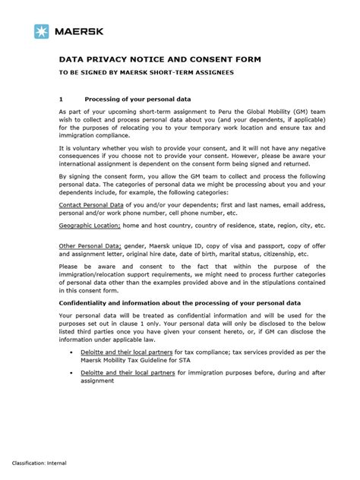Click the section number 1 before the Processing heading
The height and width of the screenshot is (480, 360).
tap(61, 99)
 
